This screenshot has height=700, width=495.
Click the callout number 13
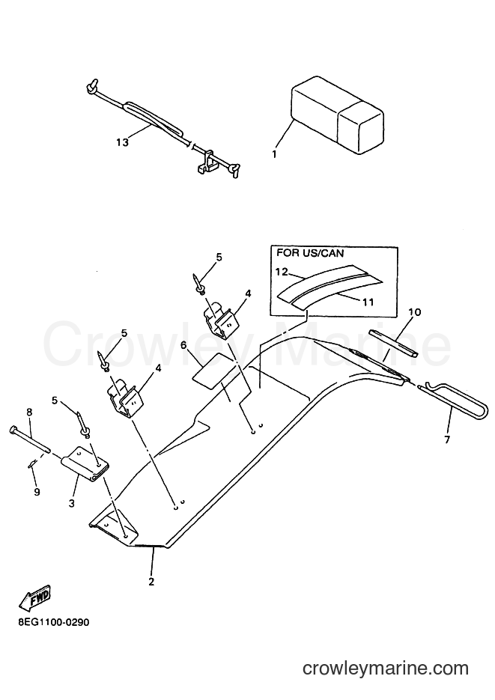pos(122,142)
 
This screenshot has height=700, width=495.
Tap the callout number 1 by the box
pos(274,154)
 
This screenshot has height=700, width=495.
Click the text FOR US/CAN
pos(310,253)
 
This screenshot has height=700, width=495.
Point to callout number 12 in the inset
pos(283,272)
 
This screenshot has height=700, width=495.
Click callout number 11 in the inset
pos(368,302)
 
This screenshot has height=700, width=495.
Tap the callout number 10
pos(415,312)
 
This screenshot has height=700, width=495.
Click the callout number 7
pos(447,439)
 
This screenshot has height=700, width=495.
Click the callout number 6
pos(183,345)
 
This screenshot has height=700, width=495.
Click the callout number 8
pos(29,412)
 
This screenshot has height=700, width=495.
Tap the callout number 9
pos(37,492)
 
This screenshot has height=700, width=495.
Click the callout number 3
pos(71,502)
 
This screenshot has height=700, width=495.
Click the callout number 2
pos(151,582)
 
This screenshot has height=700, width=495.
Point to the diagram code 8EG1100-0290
pos(54,622)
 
